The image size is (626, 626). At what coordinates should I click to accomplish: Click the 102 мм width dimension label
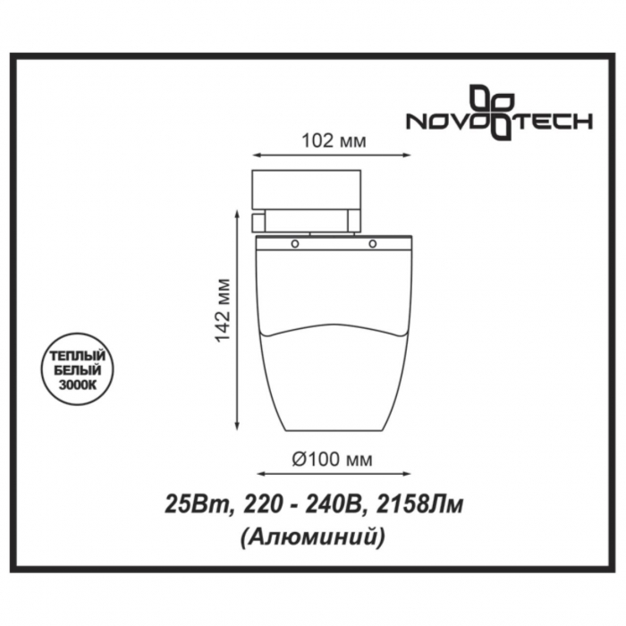[334, 141]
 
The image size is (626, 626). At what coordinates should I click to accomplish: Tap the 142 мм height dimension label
[223, 310]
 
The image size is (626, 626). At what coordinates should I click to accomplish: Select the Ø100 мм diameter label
[332, 460]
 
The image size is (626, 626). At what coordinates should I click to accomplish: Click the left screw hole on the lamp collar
[294, 243]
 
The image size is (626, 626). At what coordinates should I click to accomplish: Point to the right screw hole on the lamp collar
[373, 243]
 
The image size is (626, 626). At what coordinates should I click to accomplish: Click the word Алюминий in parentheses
[313, 537]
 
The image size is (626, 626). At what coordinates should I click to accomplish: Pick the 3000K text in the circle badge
[78, 385]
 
